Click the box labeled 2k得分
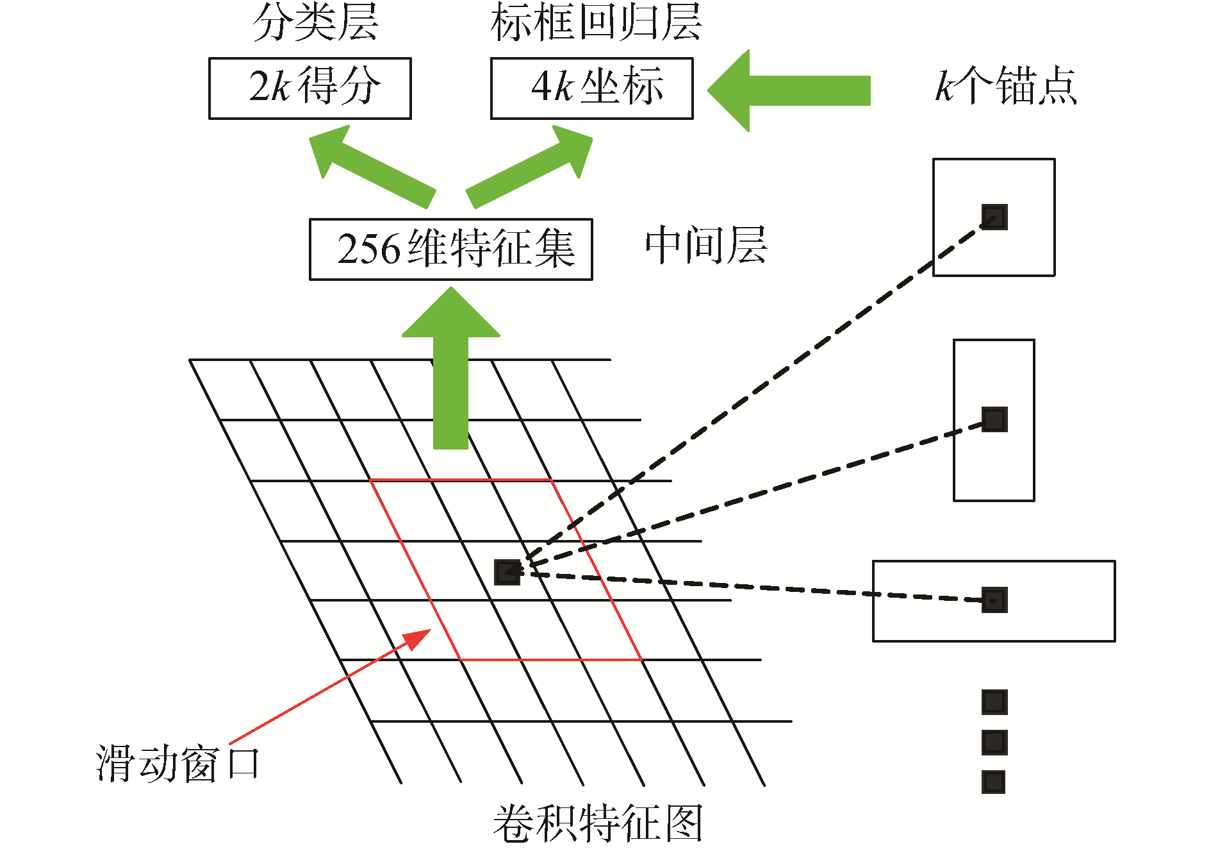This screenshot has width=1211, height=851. click(x=310, y=88)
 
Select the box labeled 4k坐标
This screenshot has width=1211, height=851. click(x=591, y=88)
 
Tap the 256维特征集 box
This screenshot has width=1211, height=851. click(x=450, y=249)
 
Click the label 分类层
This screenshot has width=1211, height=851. click(x=315, y=23)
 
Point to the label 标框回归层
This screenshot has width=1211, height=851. click(x=596, y=23)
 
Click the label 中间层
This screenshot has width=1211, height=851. click(x=705, y=246)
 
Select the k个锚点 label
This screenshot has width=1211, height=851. click(x=1006, y=86)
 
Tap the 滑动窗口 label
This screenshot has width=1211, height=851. click(x=177, y=763)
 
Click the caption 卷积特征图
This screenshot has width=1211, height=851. click(x=597, y=823)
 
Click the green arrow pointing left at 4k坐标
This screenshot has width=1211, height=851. click(x=788, y=90)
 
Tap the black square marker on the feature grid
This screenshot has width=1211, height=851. click(x=507, y=572)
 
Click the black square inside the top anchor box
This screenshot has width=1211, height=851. click(x=994, y=217)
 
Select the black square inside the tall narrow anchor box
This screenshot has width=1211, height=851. click(x=994, y=419)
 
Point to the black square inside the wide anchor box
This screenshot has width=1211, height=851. click(x=994, y=600)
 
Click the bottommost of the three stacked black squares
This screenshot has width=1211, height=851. click(x=994, y=782)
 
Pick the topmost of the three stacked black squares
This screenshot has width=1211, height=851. click(x=994, y=702)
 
